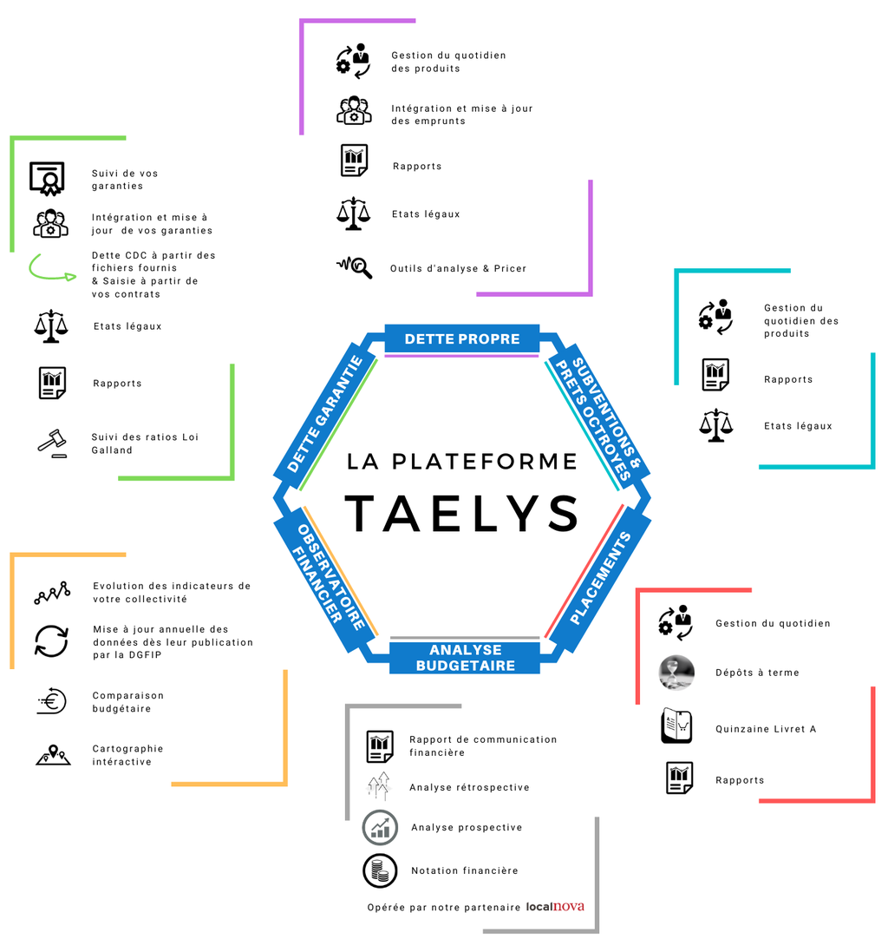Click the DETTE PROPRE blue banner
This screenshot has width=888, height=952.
[461, 338]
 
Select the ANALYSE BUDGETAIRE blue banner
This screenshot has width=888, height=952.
[465, 658]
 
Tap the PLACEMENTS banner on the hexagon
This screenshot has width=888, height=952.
[601, 579]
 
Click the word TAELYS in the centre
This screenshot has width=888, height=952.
[461, 514]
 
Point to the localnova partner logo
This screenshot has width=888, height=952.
[555, 907]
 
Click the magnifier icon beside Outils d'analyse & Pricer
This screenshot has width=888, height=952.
[355, 266]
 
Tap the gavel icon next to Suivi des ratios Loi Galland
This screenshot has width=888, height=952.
[51, 443]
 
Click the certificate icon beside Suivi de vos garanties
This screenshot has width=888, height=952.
[48, 179]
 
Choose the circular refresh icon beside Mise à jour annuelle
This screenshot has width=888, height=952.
[51, 641]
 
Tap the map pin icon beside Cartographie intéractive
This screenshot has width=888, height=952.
[52, 754]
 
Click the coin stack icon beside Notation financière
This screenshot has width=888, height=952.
[380, 870]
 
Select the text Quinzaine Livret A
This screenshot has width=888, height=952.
[766, 729]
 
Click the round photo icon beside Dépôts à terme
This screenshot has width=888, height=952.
[676, 673]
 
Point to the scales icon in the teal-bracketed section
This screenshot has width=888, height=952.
[715, 426]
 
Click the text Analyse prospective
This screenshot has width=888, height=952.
[467, 827]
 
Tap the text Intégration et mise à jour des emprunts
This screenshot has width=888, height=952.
[461, 115]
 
